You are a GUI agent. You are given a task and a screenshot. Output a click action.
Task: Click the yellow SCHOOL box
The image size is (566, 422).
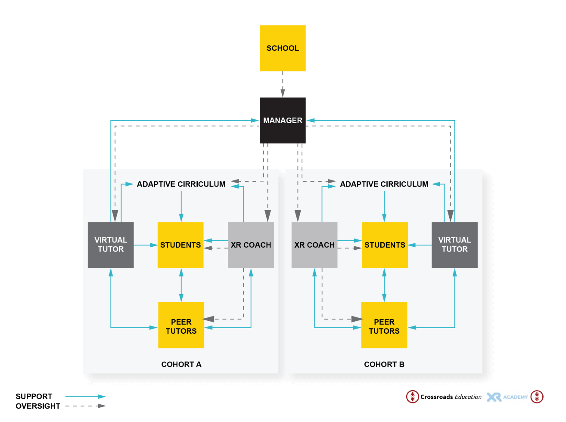283,48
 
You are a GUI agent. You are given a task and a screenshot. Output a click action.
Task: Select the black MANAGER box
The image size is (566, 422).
283,120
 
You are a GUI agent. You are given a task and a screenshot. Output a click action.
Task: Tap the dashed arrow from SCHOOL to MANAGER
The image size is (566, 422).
283,84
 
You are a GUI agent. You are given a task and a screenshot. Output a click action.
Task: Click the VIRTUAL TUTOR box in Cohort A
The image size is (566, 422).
111,245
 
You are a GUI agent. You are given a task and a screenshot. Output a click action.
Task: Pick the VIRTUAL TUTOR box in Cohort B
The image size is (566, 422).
454,245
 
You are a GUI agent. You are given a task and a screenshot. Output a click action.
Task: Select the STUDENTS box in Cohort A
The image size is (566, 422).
180,245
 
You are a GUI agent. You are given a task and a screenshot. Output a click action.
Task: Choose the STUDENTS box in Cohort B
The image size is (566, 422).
385,245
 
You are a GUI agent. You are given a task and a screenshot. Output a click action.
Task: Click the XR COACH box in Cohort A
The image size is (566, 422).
251,245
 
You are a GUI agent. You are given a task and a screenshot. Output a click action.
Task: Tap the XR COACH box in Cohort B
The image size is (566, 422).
314,245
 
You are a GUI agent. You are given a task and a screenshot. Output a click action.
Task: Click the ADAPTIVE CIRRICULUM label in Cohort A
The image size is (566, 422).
181,184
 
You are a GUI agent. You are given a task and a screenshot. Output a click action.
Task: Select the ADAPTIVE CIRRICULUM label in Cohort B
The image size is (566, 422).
384,184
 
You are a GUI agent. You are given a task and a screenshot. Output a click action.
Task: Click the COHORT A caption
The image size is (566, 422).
181,364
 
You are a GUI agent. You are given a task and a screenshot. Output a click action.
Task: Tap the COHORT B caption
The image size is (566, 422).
384,364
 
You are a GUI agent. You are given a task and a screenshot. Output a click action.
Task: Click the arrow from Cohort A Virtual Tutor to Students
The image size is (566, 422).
146,245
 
